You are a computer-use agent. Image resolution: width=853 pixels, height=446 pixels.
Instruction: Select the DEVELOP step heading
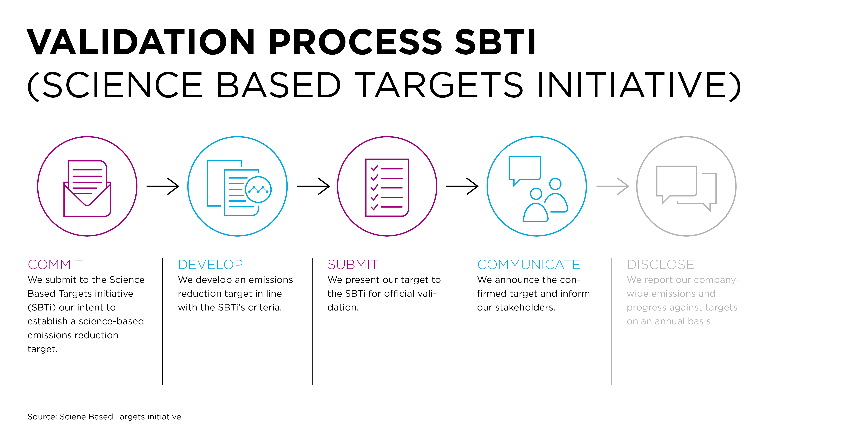pyautogui.click(x=210, y=264)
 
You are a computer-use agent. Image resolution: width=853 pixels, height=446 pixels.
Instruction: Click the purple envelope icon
pyautogui.click(x=87, y=188)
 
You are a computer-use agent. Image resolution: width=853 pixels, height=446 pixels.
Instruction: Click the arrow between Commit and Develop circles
pyautogui.click(x=163, y=186)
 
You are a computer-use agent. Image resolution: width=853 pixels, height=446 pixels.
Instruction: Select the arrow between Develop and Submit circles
pyautogui.click(x=314, y=186)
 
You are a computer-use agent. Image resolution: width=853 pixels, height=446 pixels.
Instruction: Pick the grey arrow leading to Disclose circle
pyautogui.click(x=613, y=186)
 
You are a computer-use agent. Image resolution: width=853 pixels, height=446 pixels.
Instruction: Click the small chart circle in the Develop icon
pyautogui.click(x=258, y=189)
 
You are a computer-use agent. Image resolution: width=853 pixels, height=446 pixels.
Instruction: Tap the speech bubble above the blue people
pyautogui.click(x=525, y=170)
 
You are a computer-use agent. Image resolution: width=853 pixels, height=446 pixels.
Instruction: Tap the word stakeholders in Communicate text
pyautogui.click(x=525, y=308)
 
